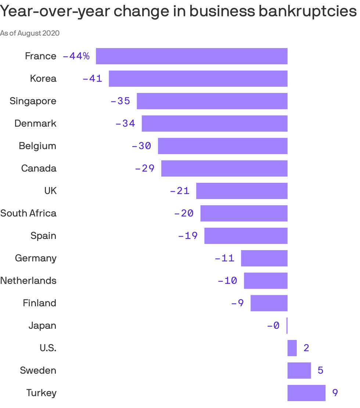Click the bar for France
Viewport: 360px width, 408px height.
coord(191,56)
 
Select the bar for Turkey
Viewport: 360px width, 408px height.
coord(306,393)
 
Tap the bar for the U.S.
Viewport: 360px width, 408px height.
coord(292,348)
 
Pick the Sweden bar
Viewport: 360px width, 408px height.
coord(299,371)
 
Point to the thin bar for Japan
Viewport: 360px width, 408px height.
coord(287,326)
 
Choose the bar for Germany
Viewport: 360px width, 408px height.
coord(264,258)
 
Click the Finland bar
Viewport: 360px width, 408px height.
coord(269,303)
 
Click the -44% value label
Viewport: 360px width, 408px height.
coord(76,56)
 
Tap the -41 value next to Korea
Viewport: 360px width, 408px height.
coord(92,79)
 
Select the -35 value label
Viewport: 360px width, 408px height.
coord(120,101)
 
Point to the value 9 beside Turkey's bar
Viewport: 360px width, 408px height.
coord(335,393)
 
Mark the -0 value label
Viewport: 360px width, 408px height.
coord(273,326)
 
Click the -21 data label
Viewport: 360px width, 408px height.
coord(180,191)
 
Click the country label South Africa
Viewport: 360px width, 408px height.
coord(28,213)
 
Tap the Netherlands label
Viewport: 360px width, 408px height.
coord(28,281)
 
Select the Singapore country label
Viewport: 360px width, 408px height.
coord(33,101)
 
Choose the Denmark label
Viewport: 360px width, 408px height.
coord(35,123)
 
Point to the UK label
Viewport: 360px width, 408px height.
coord(50,191)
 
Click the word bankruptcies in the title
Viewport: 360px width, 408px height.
coord(307,12)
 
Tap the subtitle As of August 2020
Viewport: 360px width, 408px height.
coord(30,33)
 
